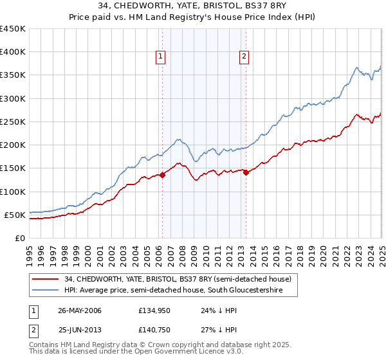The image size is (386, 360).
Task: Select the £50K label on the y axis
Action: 15,215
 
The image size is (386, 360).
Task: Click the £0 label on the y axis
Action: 19,238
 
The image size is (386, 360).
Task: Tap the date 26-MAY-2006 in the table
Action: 80,310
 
